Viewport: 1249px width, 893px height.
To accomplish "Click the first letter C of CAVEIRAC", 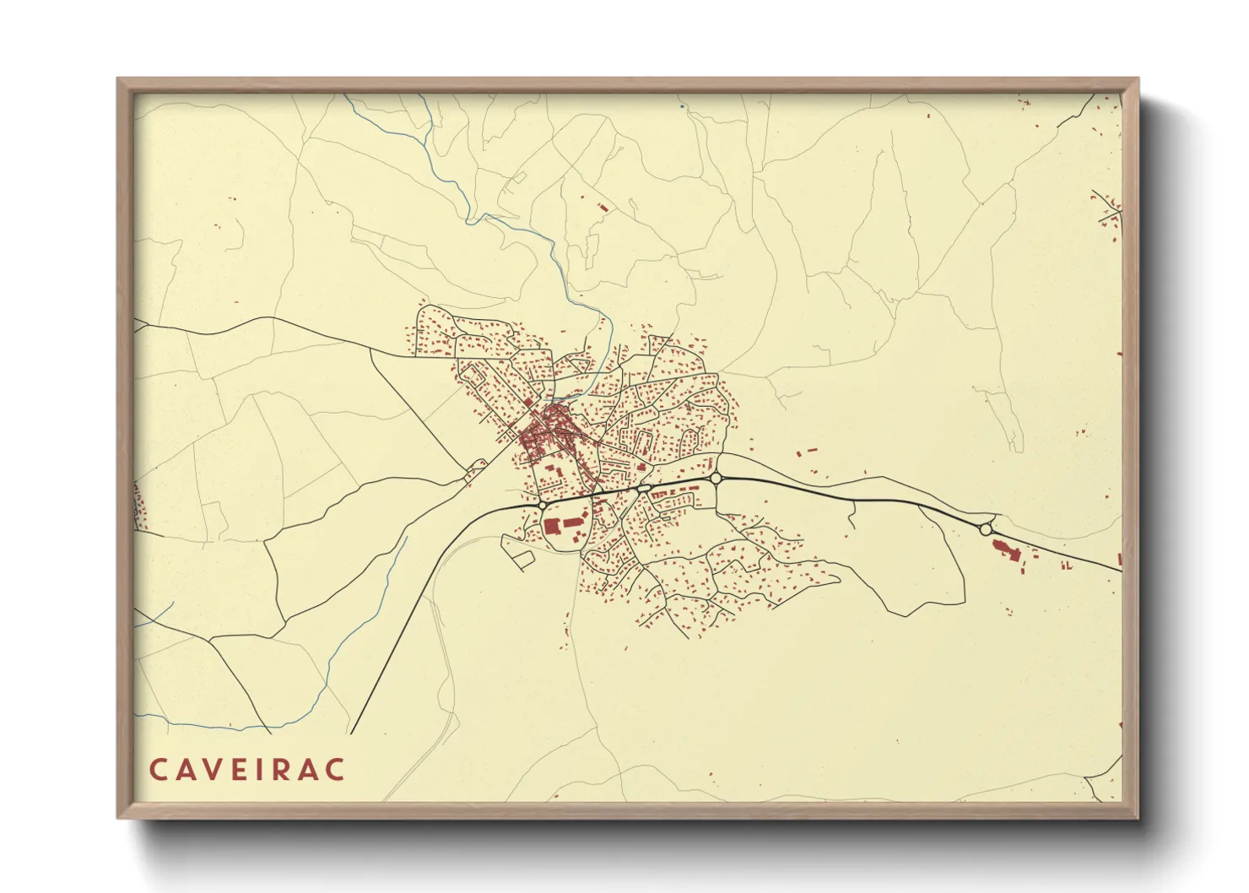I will pos(159,770).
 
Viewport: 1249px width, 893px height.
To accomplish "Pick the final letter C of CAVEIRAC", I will pos(337,770).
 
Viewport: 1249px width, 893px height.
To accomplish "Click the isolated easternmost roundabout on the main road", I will pos(986,529).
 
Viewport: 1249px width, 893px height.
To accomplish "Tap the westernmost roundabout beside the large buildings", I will pos(541,505).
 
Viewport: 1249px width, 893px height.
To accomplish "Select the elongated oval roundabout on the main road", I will pos(643,488).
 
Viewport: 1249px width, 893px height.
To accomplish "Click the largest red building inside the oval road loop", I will pos(554,527).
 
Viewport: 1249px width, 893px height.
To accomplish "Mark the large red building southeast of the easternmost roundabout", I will pos(1004,549).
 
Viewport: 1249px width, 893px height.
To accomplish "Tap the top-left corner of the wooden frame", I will pos(119,80).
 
